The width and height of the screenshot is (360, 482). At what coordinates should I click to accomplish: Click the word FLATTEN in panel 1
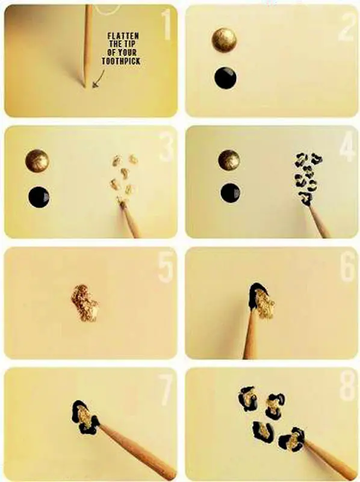pyautogui.click(x=123, y=36)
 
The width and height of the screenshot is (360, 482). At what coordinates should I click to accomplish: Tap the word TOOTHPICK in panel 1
pyautogui.click(x=121, y=61)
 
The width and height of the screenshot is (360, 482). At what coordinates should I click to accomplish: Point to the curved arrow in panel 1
pyautogui.click(x=99, y=80)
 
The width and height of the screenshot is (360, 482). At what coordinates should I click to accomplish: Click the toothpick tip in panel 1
pyautogui.click(x=85, y=87)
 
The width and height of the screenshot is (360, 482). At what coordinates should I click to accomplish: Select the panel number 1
pyautogui.click(x=166, y=25)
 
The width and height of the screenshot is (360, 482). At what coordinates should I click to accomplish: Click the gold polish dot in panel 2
pyautogui.click(x=225, y=40)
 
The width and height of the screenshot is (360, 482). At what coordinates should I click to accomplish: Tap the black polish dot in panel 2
pyautogui.click(x=226, y=78)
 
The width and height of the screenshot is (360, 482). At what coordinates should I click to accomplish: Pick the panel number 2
pyautogui.click(x=348, y=26)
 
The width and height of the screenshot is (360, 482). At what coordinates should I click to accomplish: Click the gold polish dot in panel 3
pyautogui.click(x=37, y=161)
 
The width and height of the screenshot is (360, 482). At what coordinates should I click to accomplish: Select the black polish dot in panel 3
pyautogui.click(x=39, y=197)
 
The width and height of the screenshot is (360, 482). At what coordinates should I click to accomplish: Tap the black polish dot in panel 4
pyautogui.click(x=231, y=193)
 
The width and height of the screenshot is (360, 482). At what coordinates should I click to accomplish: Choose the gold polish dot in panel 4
pyautogui.click(x=229, y=160)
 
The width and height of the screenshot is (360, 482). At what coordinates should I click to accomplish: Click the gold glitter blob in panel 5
pyautogui.click(x=84, y=304)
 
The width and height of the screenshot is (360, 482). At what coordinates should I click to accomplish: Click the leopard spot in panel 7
pyautogui.click(x=85, y=417)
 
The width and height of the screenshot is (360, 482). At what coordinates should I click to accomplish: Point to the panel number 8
pyautogui.click(x=348, y=386)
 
